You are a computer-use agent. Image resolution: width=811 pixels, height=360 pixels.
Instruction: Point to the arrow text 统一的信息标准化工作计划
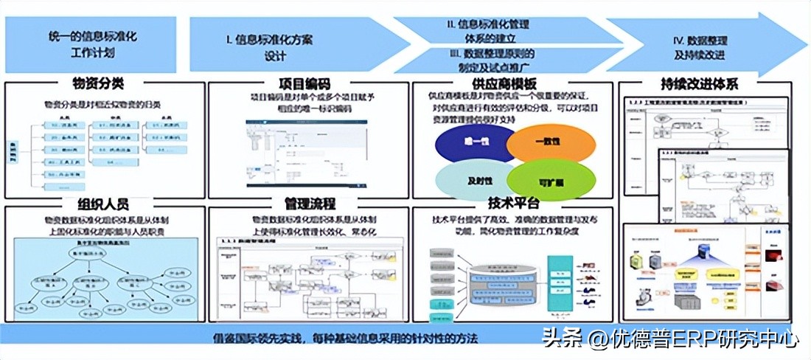pos(93,43)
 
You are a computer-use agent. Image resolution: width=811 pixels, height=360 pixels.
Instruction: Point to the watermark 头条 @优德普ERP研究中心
pos(669,339)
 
